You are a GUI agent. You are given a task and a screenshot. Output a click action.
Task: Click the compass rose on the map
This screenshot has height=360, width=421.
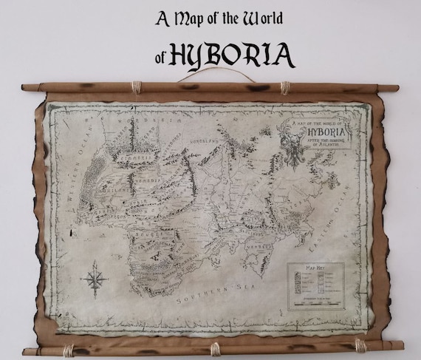(95, 282)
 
